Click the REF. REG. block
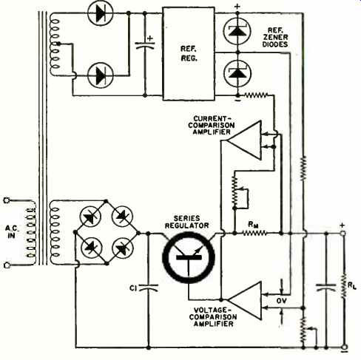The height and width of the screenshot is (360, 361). click(x=189, y=54)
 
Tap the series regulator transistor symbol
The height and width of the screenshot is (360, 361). click(x=189, y=257)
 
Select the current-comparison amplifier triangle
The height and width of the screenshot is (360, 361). click(x=244, y=140)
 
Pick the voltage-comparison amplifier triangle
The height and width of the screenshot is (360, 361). click(x=244, y=301)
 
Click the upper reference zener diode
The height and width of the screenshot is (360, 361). click(x=237, y=31)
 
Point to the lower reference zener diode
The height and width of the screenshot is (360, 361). click(x=237, y=73)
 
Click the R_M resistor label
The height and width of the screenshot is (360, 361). click(x=253, y=224)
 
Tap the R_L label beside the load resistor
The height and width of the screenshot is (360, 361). click(x=352, y=286)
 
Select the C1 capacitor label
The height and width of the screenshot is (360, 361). click(x=133, y=288)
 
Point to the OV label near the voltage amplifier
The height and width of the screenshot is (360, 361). click(x=281, y=301)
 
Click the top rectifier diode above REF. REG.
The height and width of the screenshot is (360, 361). click(x=101, y=13)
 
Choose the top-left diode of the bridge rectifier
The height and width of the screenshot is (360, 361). click(x=90, y=217)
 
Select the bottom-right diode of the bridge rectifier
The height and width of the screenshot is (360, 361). click(x=123, y=248)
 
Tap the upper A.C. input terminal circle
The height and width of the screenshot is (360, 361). click(x=7, y=200)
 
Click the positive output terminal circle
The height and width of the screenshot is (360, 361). click(x=343, y=233)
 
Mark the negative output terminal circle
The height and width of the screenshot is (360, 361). click(x=345, y=347)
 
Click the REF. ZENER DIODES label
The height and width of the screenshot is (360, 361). click(x=275, y=38)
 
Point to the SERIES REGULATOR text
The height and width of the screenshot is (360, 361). click(x=187, y=222)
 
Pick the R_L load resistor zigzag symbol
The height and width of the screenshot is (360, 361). click(x=343, y=286)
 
